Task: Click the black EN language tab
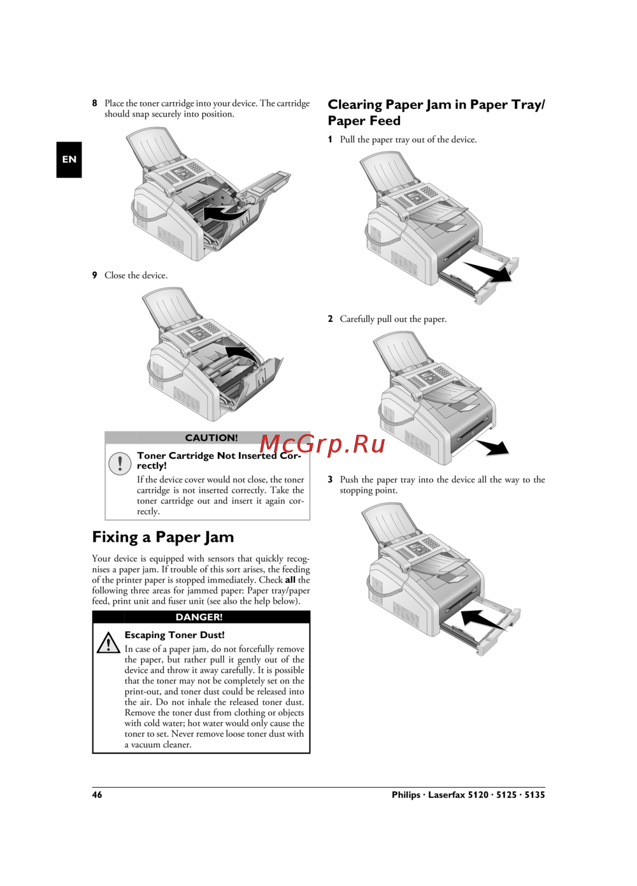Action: tap(69, 159)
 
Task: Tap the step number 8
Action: tap(94, 103)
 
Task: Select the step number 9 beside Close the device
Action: tap(94, 275)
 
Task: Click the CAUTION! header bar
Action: tap(207, 438)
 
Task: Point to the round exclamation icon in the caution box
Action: tap(119, 463)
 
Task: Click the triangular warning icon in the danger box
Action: tap(108, 643)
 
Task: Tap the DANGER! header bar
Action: tap(201, 617)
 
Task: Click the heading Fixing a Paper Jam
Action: tap(163, 537)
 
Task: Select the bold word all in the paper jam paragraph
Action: tap(290, 580)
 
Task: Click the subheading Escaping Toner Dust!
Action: tap(175, 635)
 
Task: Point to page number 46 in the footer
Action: tap(97, 795)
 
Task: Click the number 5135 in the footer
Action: tap(534, 795)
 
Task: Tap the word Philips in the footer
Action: tap(406, 795)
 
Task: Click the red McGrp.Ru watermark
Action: tap(322, 444)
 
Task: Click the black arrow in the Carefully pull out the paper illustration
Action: tap(493, 447)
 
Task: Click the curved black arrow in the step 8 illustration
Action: tap(226, 213)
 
